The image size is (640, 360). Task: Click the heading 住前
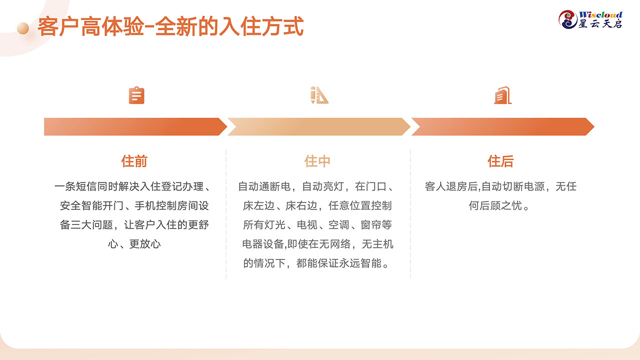tap(134, 161)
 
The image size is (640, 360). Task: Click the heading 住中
tap(317, 161)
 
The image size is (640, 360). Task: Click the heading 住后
tap(500, 161)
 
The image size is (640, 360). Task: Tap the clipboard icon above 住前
tap(136, 95)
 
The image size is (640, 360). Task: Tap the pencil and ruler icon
tap(319, 95)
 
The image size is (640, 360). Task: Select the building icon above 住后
tap(503, 95)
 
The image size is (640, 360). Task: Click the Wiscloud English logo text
tap(600, 15)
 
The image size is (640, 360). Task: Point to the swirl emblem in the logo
tap(567, 19)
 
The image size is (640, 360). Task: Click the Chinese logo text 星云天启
tap(600, 24)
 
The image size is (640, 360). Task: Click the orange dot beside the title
tap(23, 28)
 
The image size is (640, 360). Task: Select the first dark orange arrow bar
tap(135, 126)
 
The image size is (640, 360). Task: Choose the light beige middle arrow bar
tap(319, 126)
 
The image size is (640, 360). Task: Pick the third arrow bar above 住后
tap(503, 126)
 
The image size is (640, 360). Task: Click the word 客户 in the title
tap(58, 26)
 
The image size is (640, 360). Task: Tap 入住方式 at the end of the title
tap(261, 26)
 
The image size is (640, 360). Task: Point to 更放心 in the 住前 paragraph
tap(145, 244)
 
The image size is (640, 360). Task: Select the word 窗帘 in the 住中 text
tap(370, 225)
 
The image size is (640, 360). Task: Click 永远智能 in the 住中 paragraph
tap(360, 263)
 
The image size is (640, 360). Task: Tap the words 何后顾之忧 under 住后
tap(495, 205)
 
